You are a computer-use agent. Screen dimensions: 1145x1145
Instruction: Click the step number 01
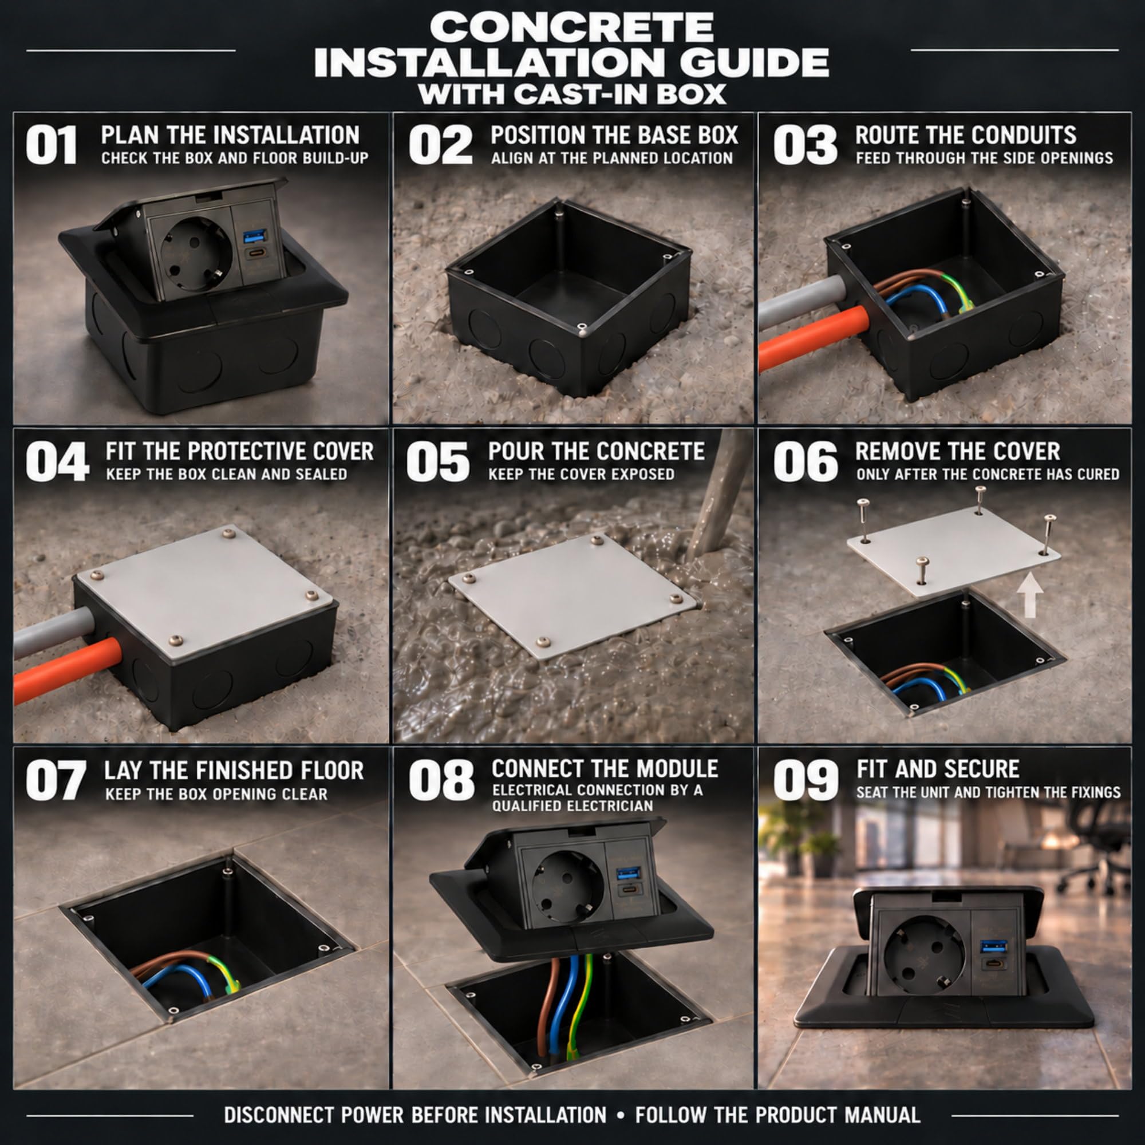(51, 145)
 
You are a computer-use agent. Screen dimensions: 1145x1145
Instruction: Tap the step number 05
(438, 461)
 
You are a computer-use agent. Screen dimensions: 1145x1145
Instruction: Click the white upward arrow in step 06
(1029, 594)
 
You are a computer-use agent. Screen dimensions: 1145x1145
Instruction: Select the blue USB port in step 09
(991, 945)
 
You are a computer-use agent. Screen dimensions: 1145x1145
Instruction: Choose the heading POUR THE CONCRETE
(596, 452)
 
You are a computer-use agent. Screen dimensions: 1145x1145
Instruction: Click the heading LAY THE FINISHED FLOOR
(234, 771)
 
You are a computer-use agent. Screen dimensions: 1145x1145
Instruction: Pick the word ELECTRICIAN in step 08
(616, 806)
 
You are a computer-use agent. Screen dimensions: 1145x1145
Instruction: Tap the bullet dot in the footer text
(621, 1115)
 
